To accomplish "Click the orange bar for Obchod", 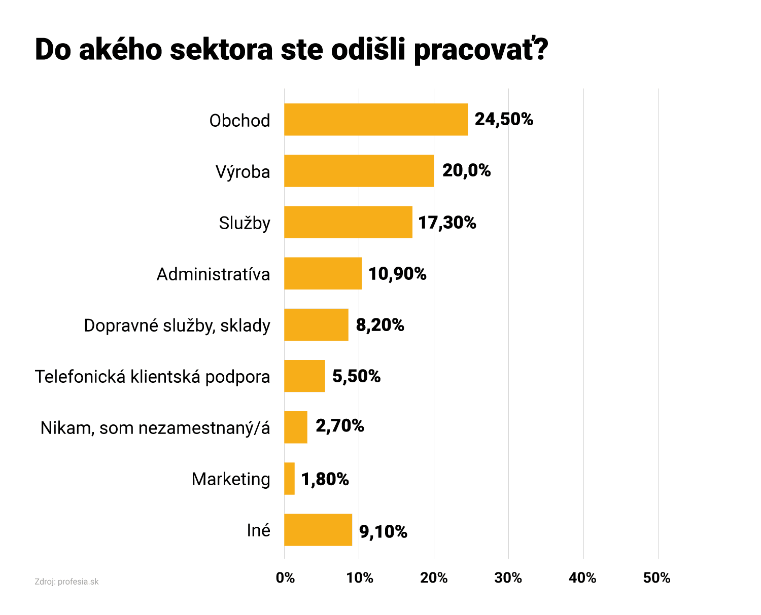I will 375,120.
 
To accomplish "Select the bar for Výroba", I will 359,171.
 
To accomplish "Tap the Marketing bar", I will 289,479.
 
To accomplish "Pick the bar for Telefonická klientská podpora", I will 304,376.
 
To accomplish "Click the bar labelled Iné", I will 318,530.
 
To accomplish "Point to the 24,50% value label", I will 504,120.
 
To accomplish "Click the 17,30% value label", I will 447,223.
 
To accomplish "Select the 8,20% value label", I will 380,325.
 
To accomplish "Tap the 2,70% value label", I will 339,426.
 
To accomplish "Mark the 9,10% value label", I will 383,532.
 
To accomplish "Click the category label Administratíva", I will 213,274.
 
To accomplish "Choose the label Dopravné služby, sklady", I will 177,325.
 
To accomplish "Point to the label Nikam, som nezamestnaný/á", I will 155,428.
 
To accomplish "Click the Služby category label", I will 245,223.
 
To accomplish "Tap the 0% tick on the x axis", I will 285,578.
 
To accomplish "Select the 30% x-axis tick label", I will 508,578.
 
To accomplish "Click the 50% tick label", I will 657,578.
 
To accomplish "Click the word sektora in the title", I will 222,50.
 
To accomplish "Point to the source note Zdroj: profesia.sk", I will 66,582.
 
